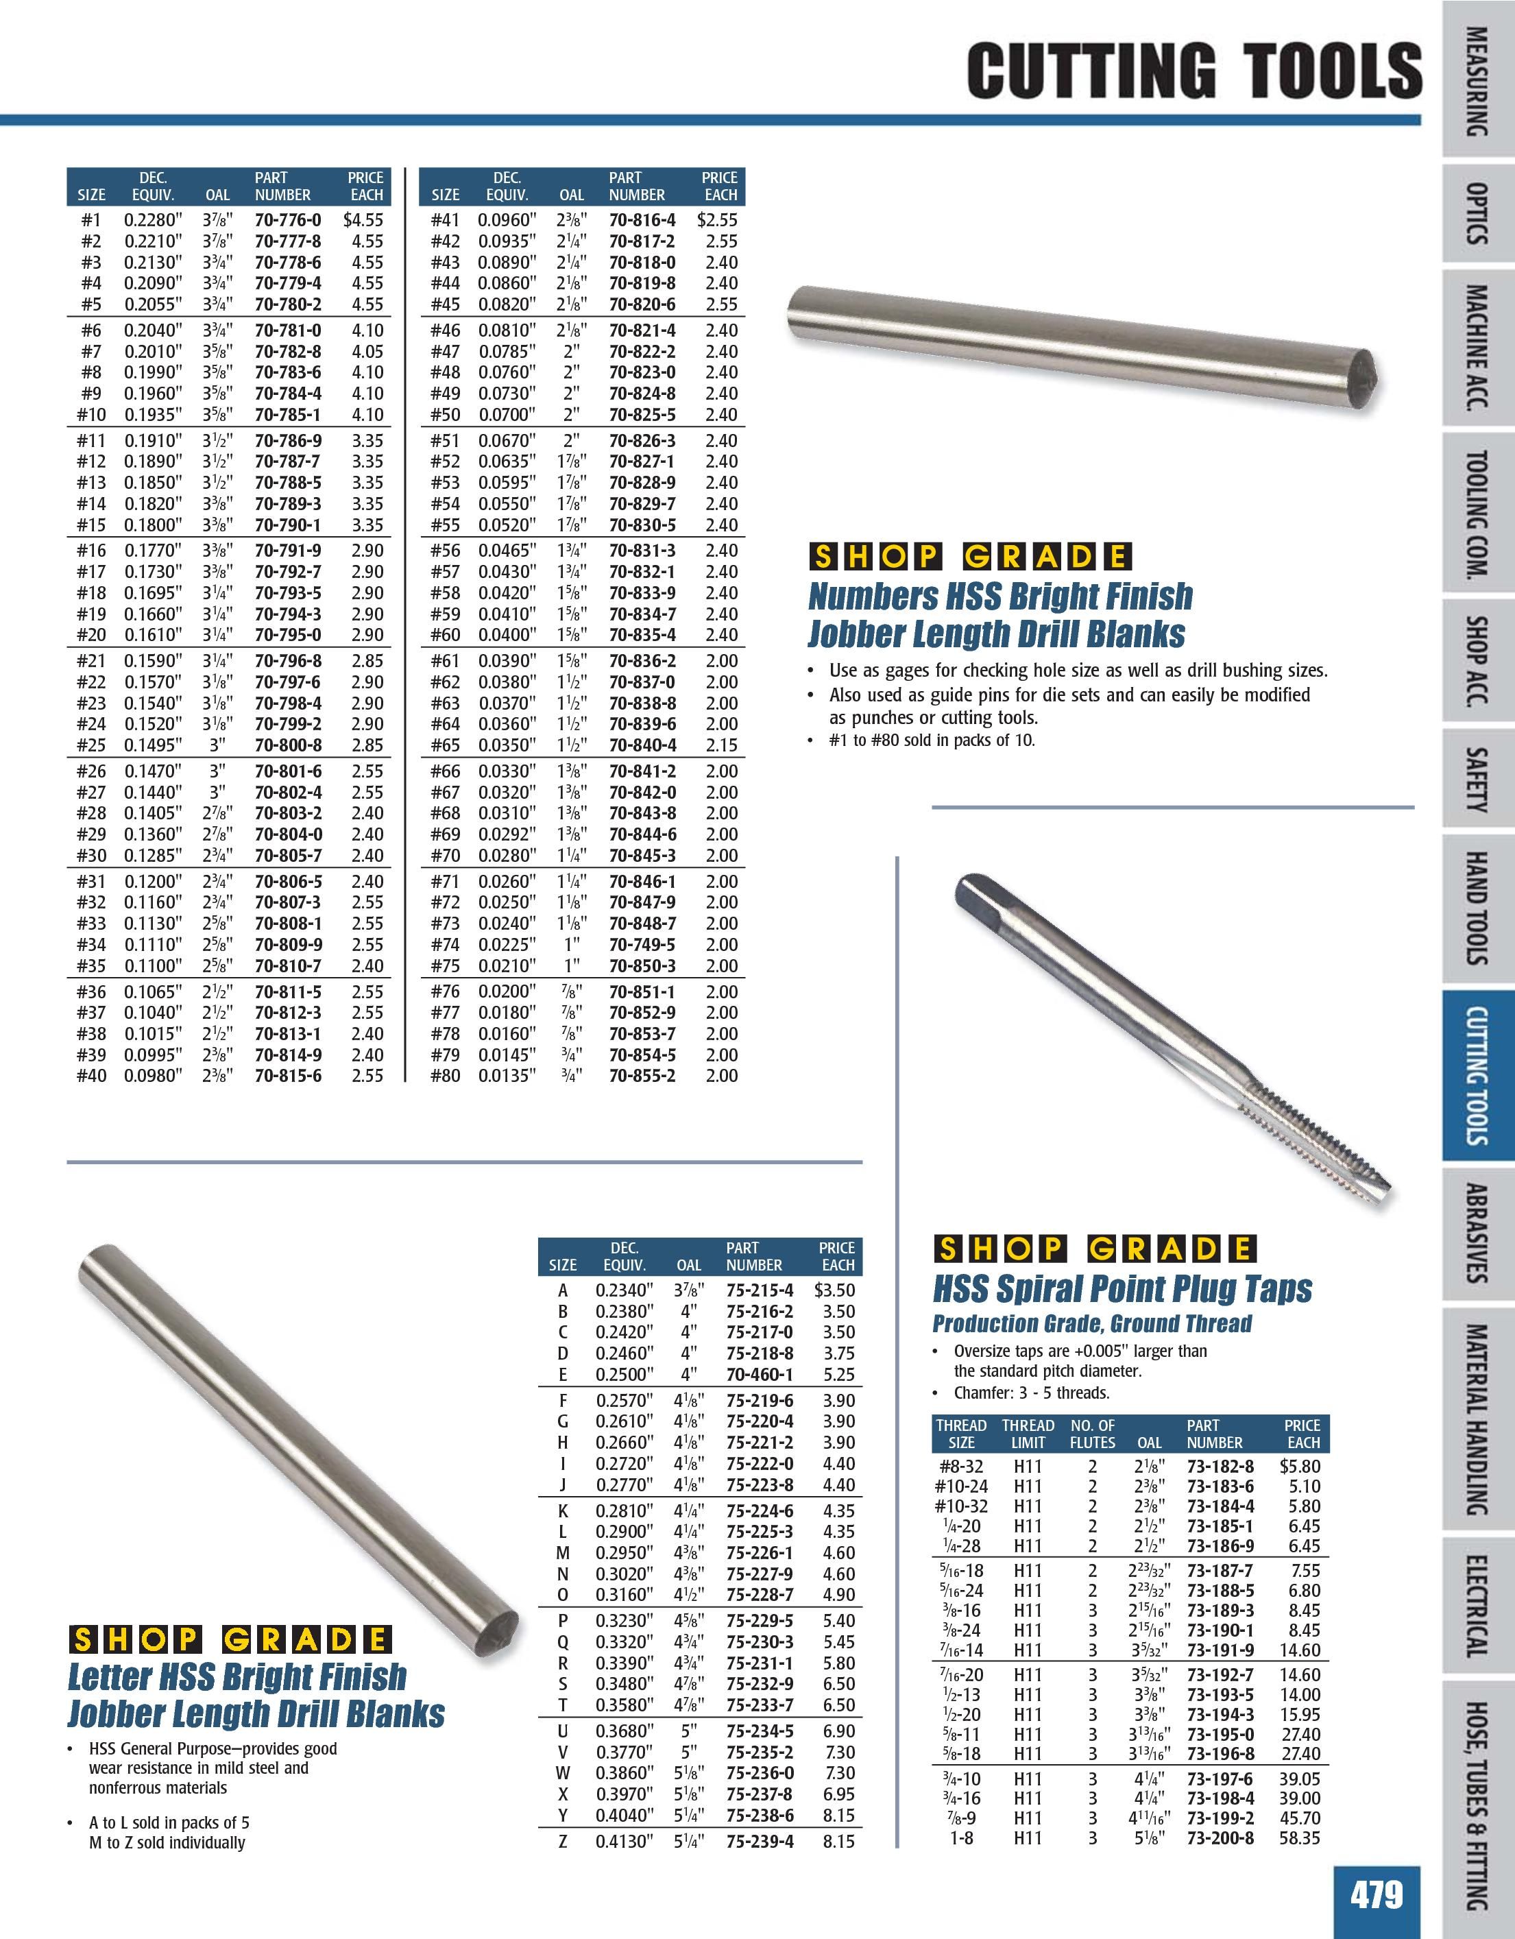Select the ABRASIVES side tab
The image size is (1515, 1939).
tap(1477, 1233)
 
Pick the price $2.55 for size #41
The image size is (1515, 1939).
tap(717, 219)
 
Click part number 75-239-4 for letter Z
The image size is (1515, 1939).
tap(760, 1842)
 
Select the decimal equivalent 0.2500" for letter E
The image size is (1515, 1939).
tap(624, 1374)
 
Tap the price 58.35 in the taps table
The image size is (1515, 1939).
tap(1299, 1838)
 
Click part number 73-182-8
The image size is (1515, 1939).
tap(1220, 1467)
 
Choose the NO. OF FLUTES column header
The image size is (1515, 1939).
tap(1093, 1434)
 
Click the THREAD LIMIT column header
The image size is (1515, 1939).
tap(1028, 1434)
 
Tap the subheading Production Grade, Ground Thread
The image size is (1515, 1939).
tap(1091, 1324)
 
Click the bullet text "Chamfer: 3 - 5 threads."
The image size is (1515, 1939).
tap(1031, 1393)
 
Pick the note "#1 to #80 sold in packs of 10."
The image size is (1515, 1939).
tap(932, 740)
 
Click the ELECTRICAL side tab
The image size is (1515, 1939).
tap(1477, 1608)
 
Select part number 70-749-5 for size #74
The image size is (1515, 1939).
tap(642, 945)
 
